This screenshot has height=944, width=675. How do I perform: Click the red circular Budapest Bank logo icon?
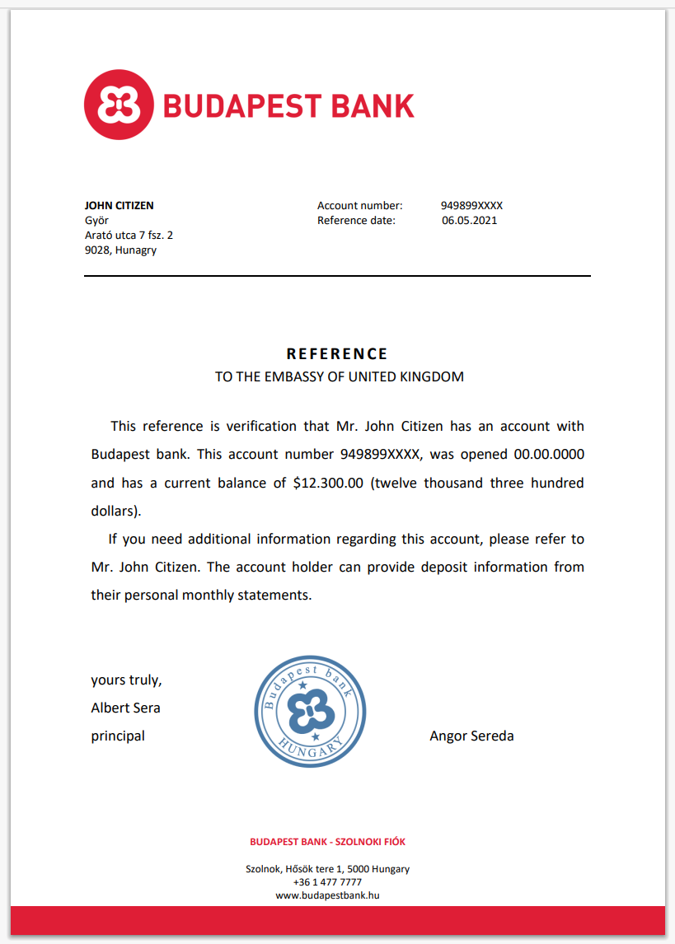pyautogui.click(x=119, y=105)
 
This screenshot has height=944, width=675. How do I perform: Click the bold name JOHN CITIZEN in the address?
pyautogui.click(x=119, y=206)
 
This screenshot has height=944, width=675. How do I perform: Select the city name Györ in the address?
pyautogui.click(x=96, y=221)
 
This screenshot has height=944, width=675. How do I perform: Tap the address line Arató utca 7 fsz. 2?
pyautogui.click(x=129, y=236)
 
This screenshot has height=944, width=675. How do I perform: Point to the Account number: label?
pyautogui.click(x=359, y=206)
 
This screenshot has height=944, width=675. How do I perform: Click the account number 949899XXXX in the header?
pyautogui.click(x=471, y=206)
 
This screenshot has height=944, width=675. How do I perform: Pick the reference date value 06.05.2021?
pyautogui.click(x=469, y=221)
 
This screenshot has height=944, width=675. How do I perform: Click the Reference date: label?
pyautogui.click(x=356, y=221)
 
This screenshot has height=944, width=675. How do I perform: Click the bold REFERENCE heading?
pyautogui.click(x=337, y=354)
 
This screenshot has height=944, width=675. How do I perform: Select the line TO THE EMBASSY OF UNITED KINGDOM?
pyautogui.click(x=340, y=377)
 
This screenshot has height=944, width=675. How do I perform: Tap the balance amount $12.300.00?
pyautogui.click(x=328, y=483)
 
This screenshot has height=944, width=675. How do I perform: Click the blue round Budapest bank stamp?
pyautogui.click(x=310, y=712)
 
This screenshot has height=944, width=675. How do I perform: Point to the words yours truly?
pyautogui.click(x=126, y=680)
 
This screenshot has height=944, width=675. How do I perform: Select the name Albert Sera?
pyautogui.click(x=125, y=708)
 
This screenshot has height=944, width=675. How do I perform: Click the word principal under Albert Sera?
pyautogui.click(x=118, y=736)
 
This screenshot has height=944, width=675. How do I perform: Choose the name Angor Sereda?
pyautogui.click(x=471, y=736)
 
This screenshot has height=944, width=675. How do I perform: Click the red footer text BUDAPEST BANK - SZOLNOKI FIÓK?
pyautogui.click(x=327, y=842)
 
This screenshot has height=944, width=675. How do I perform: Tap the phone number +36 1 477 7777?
pyautogui.click(x=327, y=882)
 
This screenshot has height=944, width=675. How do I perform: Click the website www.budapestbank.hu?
pyautogui.click(x=327, y=895)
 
